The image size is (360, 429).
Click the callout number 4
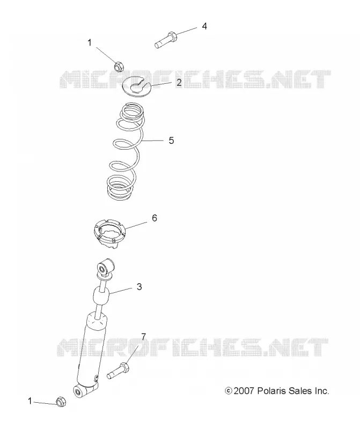pyautogui.click(x=204, y=26)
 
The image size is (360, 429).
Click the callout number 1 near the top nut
pyautogui.click(x=90, y=43)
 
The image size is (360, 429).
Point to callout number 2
pyautogui.click(x=179, y=83)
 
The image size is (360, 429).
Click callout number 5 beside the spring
pyautogui.click(x=171, y=140)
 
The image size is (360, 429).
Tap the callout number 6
pyautogui.click(x=155, y=218)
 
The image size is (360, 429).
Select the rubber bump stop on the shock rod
pyautogui.click(x=101, y=296)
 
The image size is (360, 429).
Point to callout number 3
pyautogui.click(x=139, y=287)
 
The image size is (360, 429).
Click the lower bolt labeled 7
pyautogui.click(x=117, y=371)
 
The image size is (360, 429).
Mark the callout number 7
pyautogui.click(x=143, y=336)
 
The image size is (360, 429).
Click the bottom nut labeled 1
pyautogui.click(x=61, y=401)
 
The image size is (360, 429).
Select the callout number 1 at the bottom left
pyautogui.click(x=30, y=401)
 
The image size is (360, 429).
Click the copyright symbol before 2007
pyautogui.click(x=229, y=391)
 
